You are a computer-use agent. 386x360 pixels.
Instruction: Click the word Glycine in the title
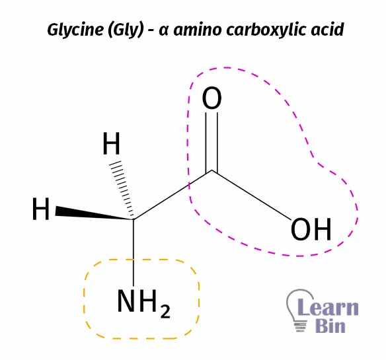click(x=75, y=30)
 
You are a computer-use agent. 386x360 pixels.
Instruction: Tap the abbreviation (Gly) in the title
click(x=126, y=30)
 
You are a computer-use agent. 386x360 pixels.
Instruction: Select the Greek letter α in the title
click(x=164, y=30)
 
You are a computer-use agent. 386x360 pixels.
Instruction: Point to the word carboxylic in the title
click(x=266, y=30)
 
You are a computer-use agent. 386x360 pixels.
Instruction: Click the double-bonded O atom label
click(x=212, y=98)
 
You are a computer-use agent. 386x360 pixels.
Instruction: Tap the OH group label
click(x=311, y=230)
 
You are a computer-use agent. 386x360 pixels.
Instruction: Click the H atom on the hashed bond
click(x=111, y=143)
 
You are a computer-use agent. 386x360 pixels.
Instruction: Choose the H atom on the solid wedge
click(x=41, y=209)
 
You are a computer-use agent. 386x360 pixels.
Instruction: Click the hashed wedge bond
click(x=122, y=189)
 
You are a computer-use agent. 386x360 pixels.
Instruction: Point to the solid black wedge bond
click(x=95, y=213)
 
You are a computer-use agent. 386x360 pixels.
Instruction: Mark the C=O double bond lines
click(x=212, y=142)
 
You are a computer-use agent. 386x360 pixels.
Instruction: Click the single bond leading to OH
click(x=251, y=194)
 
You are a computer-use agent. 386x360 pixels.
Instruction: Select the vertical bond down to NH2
click(x=134, y=253)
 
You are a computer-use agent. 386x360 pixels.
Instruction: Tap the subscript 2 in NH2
click(x=165, y=311)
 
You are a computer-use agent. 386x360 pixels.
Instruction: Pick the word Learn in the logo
click(x=328, y=307)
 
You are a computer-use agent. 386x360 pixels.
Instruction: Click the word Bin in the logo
click(x=330, y=326)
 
